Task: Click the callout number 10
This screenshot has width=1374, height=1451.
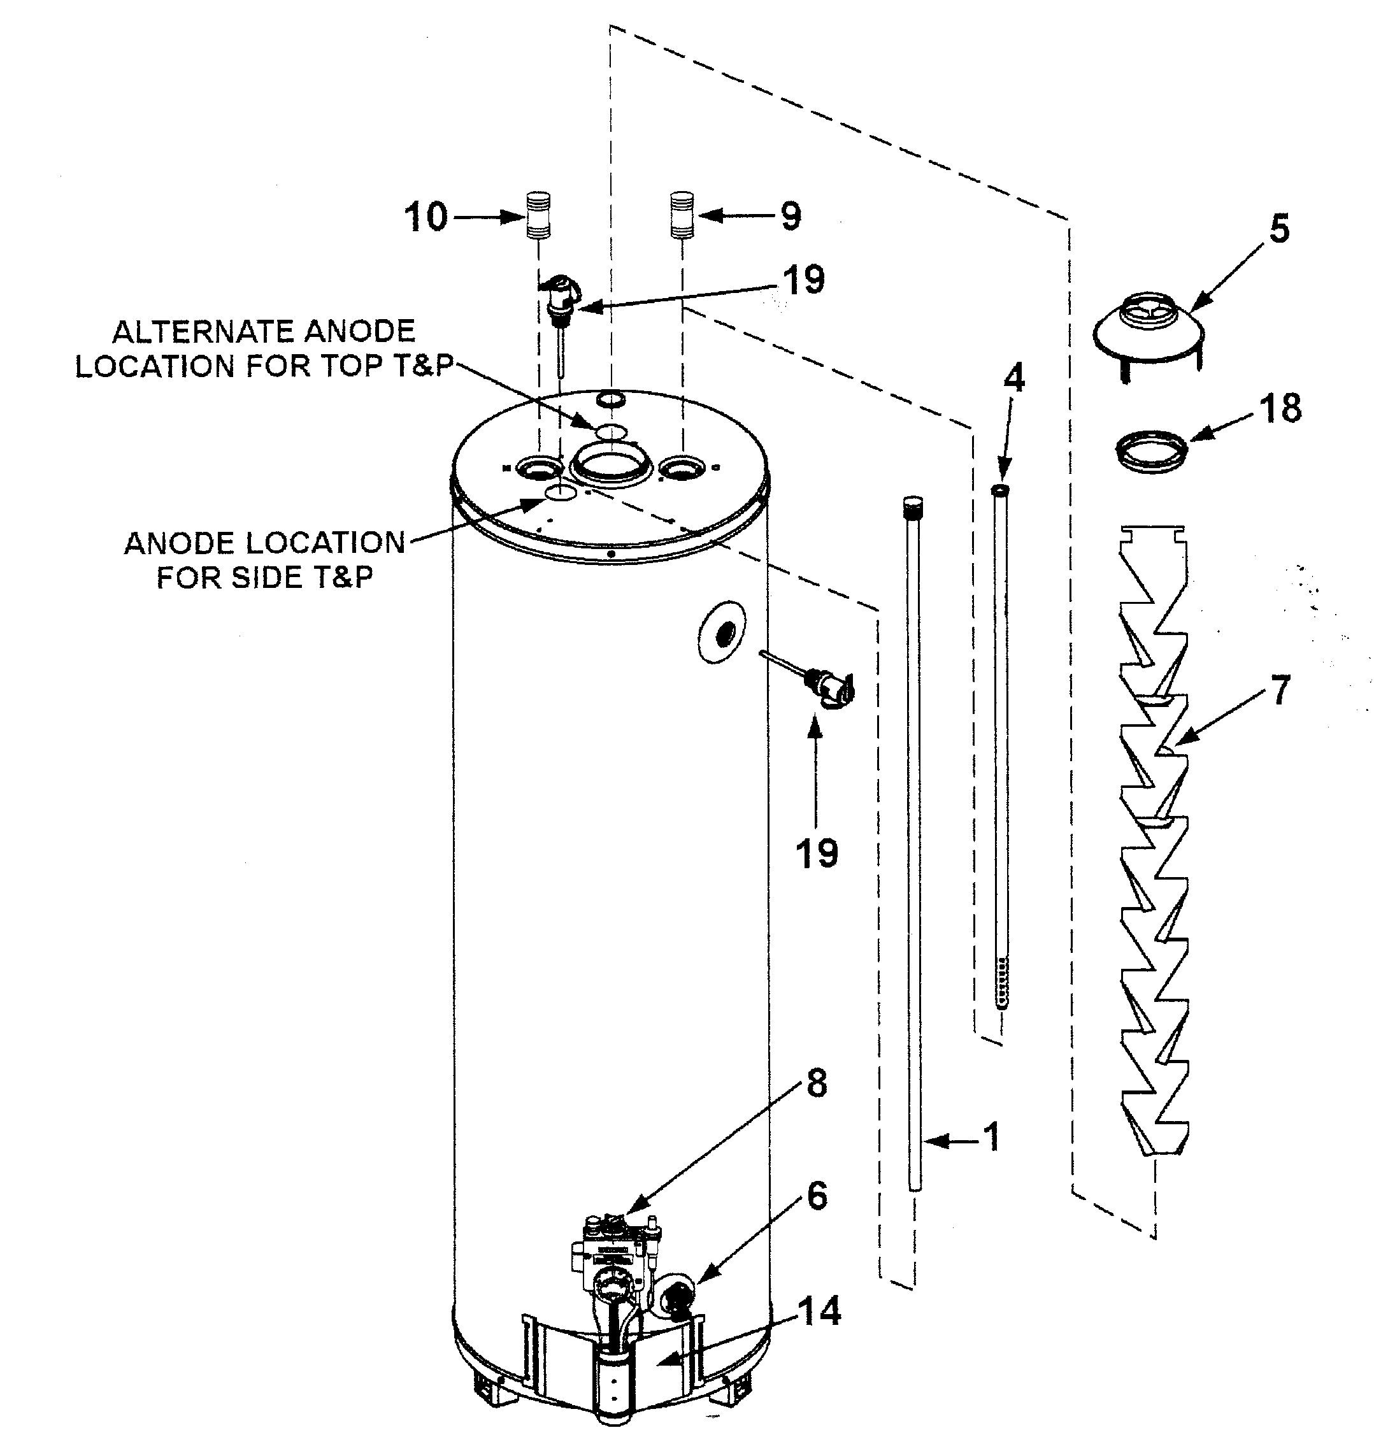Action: click(426, 218)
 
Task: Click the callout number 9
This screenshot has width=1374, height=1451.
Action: click(791, 217)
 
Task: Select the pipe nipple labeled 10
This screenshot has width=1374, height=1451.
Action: click(538, 215)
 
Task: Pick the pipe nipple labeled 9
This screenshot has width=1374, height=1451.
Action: click(682, 215)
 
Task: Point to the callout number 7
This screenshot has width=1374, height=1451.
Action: click(1279, 690)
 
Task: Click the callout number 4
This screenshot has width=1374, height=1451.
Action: click(1013, 378)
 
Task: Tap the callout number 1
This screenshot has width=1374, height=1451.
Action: click(992, 1138)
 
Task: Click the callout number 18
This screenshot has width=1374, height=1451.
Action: click(1281, 408)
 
